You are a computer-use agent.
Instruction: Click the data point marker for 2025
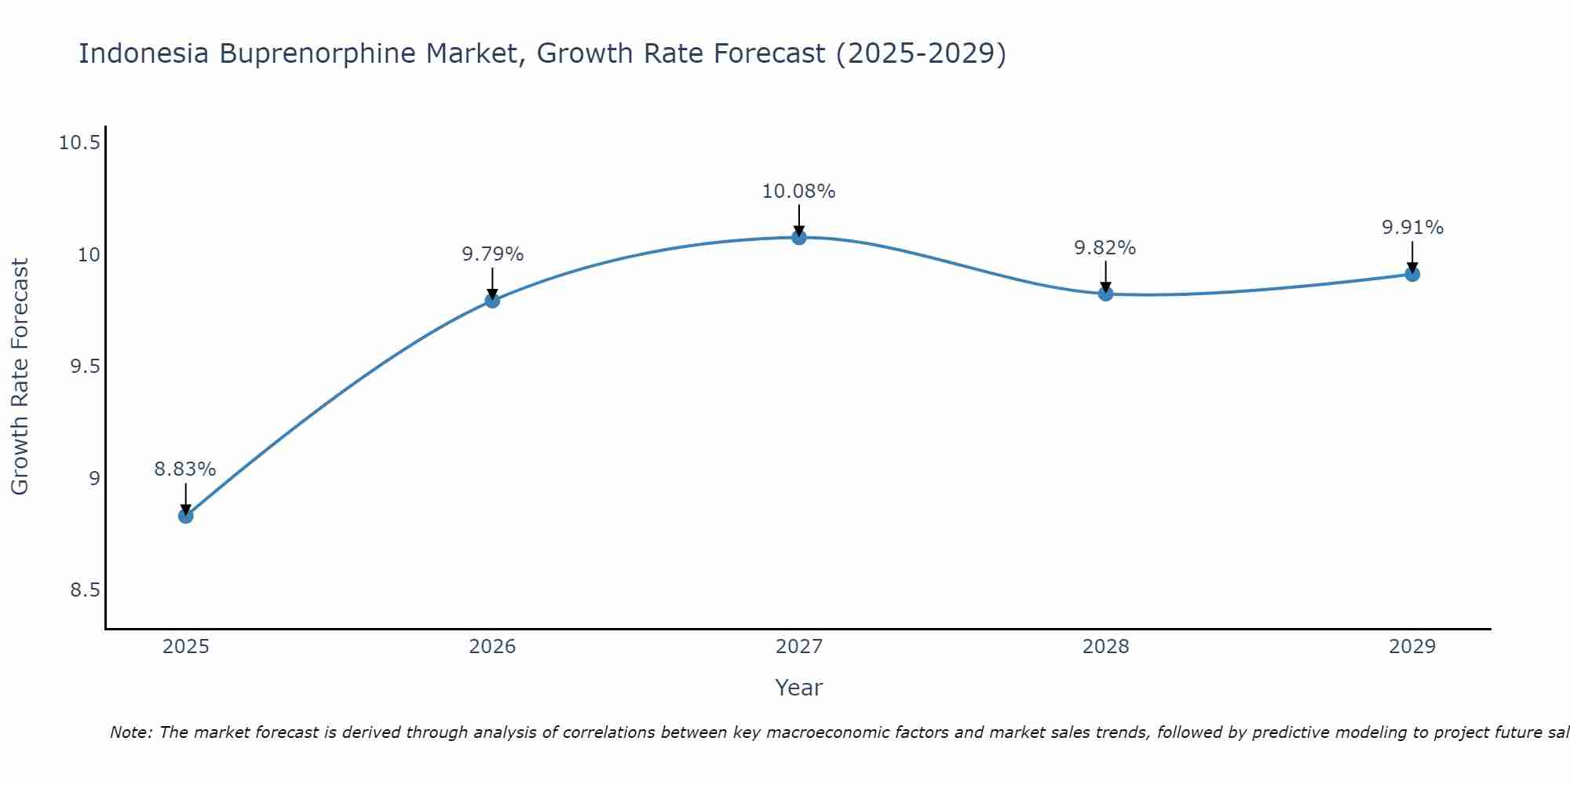[x=185, y=516]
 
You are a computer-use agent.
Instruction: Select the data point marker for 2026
[x=492, y=300]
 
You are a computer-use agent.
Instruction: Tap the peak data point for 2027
[x=799, y=237]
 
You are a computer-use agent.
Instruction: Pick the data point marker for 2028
[x=1105, y=294]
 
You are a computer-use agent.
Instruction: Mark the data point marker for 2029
[x=1412, y=274]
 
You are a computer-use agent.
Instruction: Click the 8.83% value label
[x=184, y=469]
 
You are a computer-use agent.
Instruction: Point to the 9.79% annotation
[x=492, y=254]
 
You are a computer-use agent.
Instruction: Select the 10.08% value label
[x=799, y=192]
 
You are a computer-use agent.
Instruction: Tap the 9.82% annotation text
[x=1104, y=248]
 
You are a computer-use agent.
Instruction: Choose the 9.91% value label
[x=1412, y=228]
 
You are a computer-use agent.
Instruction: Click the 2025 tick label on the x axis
[x=185, y=647]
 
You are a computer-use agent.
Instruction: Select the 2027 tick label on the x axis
[x=799, y=647]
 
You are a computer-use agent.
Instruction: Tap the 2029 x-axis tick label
[x=1412, y=647]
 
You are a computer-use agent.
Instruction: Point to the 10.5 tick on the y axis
[x=80, y=143]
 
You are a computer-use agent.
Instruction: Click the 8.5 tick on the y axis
[x=86, y=590]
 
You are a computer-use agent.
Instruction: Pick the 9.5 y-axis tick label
[x=86, y=367]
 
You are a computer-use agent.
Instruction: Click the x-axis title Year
[x=798, y=688]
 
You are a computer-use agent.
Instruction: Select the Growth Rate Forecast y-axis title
[x=20, y=377]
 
